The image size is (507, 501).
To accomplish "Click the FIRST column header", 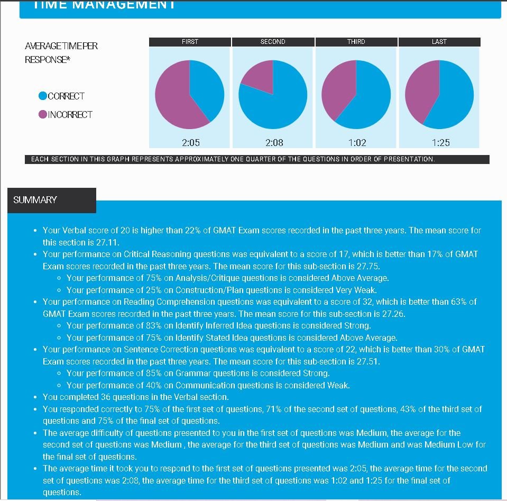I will (x=190, y=42).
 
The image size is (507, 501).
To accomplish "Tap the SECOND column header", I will (x=273, y=42).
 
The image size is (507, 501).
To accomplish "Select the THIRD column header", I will (x=356, y=42).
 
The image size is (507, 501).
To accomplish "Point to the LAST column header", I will (x=439, y=42).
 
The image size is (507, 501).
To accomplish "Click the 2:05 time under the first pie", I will (x=190, y=142).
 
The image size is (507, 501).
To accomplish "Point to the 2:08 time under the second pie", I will (x=274, y=142).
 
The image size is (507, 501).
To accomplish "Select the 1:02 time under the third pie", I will (x=357, y=142).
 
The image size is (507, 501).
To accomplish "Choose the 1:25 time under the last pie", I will (x=440, y=142).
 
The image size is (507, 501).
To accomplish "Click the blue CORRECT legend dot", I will (x=43, y=96).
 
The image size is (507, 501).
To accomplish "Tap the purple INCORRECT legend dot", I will (x=43, y=114).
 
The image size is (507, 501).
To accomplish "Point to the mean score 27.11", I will (x=108, y=242).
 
